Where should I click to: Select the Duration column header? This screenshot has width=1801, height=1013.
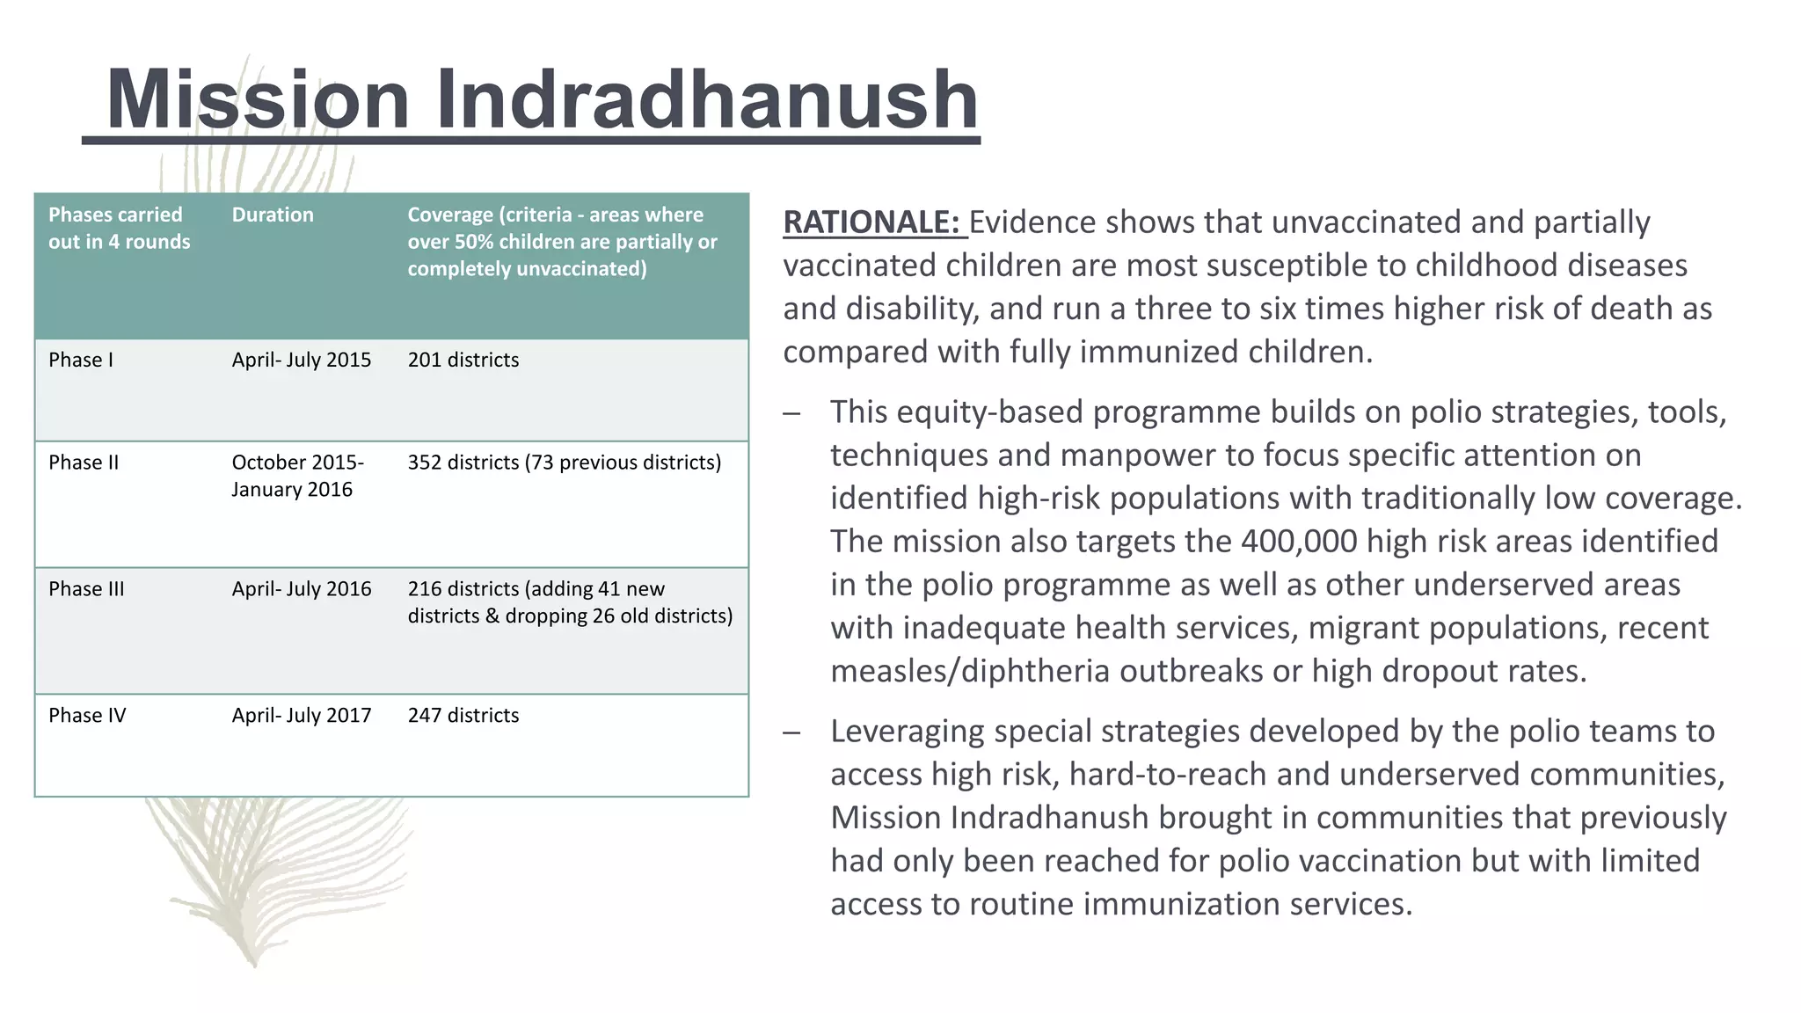(x=273, y=215)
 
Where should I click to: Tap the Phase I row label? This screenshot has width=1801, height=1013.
(x=81, y=360)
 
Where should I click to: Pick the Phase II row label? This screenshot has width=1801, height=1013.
(x=84, y=463)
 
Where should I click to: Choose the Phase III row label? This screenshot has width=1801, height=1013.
(x=86, y=589)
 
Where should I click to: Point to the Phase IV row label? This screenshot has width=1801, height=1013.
(x=87, y=716)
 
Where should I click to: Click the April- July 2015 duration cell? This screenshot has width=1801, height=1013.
(x=302, y=360)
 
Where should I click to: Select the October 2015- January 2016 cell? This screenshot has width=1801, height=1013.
(x=297, y=476)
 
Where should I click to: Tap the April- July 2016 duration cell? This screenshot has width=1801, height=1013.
(x=302, y=589)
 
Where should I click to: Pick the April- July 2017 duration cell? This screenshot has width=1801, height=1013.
(x=302, y=716)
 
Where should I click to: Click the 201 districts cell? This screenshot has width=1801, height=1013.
(x=463, y=360)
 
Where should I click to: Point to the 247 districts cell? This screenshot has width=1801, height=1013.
(x=463, y=716)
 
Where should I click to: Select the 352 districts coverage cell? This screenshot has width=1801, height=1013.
(x=564, y=463)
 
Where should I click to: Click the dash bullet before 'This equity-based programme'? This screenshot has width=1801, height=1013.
(x=792, y=412)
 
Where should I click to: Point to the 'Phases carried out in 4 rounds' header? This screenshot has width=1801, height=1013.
(x=119, y=228)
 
